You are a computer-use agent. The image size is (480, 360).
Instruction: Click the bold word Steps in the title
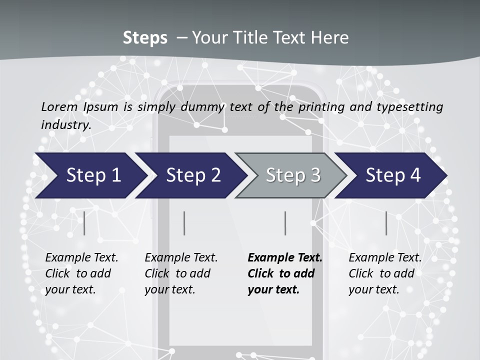(145, 38)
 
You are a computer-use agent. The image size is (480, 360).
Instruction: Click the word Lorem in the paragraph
(59, 106)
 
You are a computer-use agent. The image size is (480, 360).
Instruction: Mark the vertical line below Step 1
(84, 223)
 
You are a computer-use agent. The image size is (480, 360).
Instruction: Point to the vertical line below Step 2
(184, 223)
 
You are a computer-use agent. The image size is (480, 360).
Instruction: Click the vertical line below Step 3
(285, 223)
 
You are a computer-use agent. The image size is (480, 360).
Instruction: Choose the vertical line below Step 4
(386, 223)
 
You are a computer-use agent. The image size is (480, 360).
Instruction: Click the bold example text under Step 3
(284, 273)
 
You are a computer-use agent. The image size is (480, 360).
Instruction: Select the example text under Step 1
(81, 273)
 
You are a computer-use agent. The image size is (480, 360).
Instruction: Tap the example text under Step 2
(181, 273)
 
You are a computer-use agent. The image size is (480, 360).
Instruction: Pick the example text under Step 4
(385, 273)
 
